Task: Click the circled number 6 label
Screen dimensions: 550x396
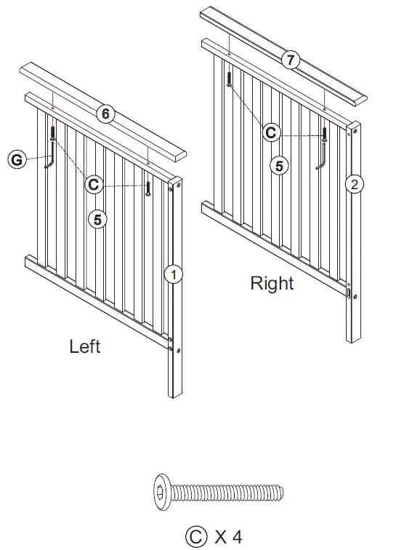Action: pyautogui.click(x=106, y=114)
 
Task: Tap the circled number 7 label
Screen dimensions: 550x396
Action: pyautogui.click(x=291, y=60)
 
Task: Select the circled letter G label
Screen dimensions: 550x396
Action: pyautogui.click(x=15, y=158)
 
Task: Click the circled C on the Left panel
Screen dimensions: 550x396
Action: pyautogui.click(x=93, y=185)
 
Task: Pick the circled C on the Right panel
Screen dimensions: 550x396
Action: pyautogui.click(x=271, y=132)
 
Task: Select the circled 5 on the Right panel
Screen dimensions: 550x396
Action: pyautogui.click(x=278, y=165)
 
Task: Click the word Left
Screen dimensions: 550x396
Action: pyautogui.click(x=85, y=346)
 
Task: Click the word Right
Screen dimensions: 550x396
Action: pyautogui.click(x=272, y=284)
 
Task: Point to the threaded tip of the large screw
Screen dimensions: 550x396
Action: pyautogui.click(x=280, y=495)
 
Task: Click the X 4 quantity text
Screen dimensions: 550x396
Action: pyautogui.click(x=228, y=537)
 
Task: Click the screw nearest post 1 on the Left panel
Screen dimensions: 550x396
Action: pyautogui.click(x=148, y=188)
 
